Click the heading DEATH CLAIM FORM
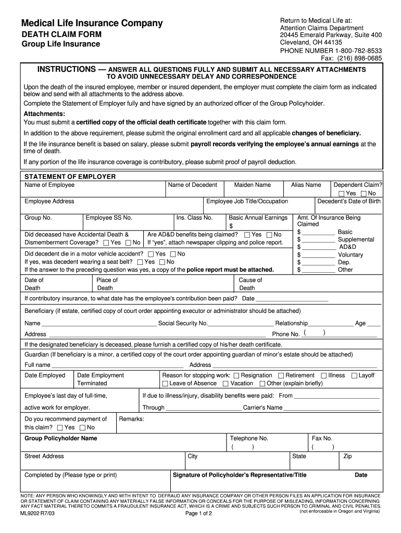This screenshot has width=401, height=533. tap(61, 34)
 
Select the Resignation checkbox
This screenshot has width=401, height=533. tap(236, 375)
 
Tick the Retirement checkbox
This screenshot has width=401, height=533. tap(281, 375)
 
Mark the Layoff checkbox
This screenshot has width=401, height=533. tap(354, 375)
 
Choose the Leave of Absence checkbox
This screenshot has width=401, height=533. tap(165, 384)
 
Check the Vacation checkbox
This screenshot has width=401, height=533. tap(225, 384)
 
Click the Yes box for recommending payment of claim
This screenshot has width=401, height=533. tap(60, 428)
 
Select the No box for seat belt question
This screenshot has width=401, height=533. tap(162, 262)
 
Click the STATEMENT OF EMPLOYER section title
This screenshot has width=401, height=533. tap(70, 176)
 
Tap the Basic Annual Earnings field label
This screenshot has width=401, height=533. tap(258, 218)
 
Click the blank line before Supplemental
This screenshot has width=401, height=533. tap(318, 239)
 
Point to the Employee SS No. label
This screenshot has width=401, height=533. tap(109, 218)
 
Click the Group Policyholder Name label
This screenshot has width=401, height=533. tap(61, 438)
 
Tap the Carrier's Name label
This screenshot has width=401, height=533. tap(263, 408)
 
